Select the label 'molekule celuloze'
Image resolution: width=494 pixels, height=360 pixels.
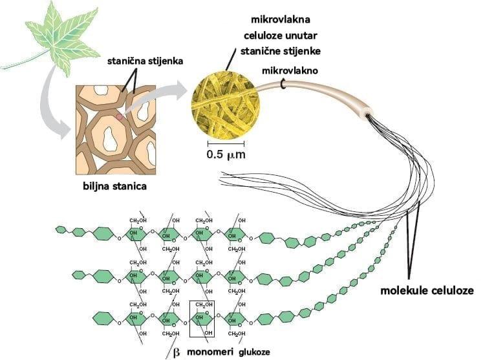427,291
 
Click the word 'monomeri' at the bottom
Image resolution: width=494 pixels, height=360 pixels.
210,352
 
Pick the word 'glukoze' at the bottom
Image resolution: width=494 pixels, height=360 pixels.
253,352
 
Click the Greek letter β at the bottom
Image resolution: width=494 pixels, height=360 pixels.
176,352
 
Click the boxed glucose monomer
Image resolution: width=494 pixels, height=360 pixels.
204,318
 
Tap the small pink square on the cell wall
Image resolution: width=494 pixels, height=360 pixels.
120,118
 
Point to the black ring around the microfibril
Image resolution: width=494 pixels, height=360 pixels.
283,83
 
